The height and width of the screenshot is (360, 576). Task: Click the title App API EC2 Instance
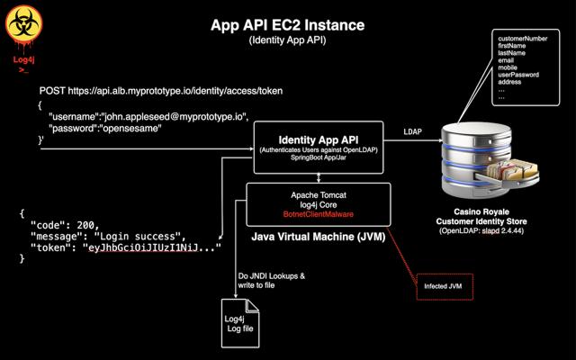coord(287,25)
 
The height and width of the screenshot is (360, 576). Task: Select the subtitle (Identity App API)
coord(287,40)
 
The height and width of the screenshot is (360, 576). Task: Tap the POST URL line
coord(161,91)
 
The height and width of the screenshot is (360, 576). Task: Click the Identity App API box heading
coord(319,139)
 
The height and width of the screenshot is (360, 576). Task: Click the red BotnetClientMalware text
coord(318,215)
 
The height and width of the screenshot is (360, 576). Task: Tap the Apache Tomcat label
coord(318,194)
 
